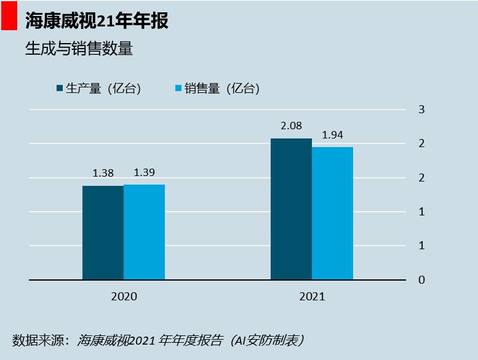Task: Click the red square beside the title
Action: tap(9, 20)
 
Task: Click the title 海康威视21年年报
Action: tap(97, 20)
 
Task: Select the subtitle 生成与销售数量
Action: tap(79, 49)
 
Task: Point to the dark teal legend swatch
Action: tap(59, 89)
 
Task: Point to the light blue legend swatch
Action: tap(178, 89)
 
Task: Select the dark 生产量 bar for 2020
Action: tap(103, 233)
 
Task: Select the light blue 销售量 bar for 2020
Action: tap(144, 232)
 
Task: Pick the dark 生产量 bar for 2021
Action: tap(291, 209)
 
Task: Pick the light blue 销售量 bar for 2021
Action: tap(332, 214)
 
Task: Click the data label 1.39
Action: tap(144, 172)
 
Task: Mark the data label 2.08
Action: tap(291, 126)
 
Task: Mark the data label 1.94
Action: tap(332, 135)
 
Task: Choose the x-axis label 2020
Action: tap(124, 297)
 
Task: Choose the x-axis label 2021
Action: tap(312, 297)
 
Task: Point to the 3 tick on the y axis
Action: tap(421, 110)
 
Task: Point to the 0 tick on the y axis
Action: tap(421, 280)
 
